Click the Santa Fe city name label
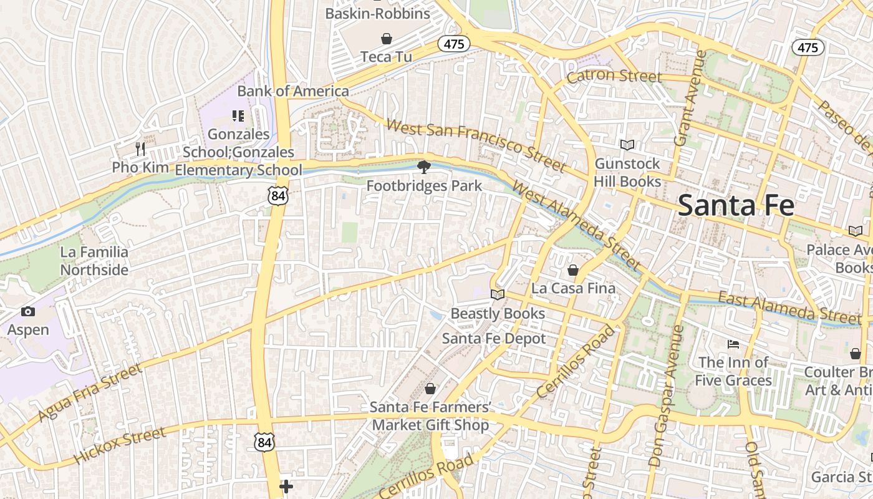point(736,205)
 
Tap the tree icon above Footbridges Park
point(424,167)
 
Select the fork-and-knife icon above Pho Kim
point(140,148)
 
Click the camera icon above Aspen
point(28,311)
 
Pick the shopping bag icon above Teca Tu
point(387,39)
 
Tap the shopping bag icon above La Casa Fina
point(572,270)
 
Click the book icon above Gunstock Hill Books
point(627,145)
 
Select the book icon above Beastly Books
point(497,294)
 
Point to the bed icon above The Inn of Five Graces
point(733,344)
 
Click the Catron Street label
point(614,76)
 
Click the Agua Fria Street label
point(90,392)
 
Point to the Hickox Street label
point(120,445)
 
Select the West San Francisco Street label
point(475,145)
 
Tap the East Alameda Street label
point(790,308)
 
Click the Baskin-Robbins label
point(378,14)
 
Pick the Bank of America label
point(293,91)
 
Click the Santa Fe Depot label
point(494,338)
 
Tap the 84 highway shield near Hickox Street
point(264,442)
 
